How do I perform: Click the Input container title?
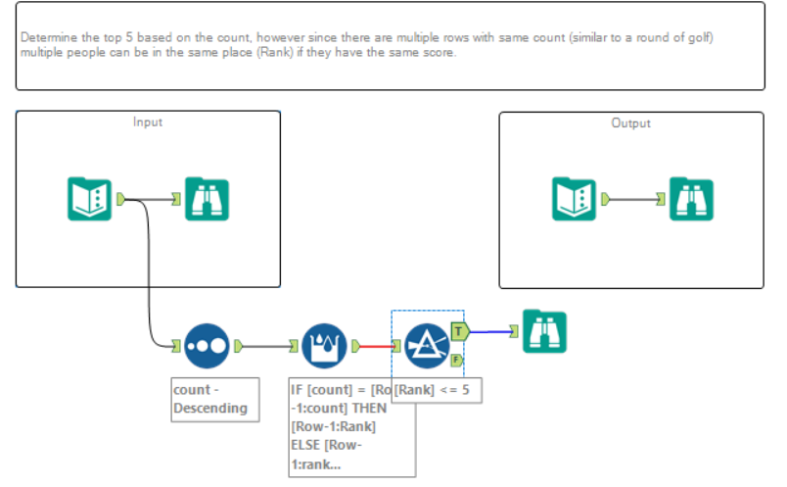click(148, 122)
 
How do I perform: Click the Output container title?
click(630, 123)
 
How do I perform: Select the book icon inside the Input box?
click(89, 199)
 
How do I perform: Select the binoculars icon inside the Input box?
click(207, 199)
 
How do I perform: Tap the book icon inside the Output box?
click(574, 199)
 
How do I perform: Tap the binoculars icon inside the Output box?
click(691, 199)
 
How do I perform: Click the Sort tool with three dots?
click(207, 345)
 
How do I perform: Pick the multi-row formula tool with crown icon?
click(324, 345)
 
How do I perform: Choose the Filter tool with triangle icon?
click(427, 345)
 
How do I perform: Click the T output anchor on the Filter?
click(457, 331)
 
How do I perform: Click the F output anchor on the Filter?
click(456, 361)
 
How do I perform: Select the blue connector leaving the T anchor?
click(493, 331)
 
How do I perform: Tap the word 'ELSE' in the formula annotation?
click(309, 443)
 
